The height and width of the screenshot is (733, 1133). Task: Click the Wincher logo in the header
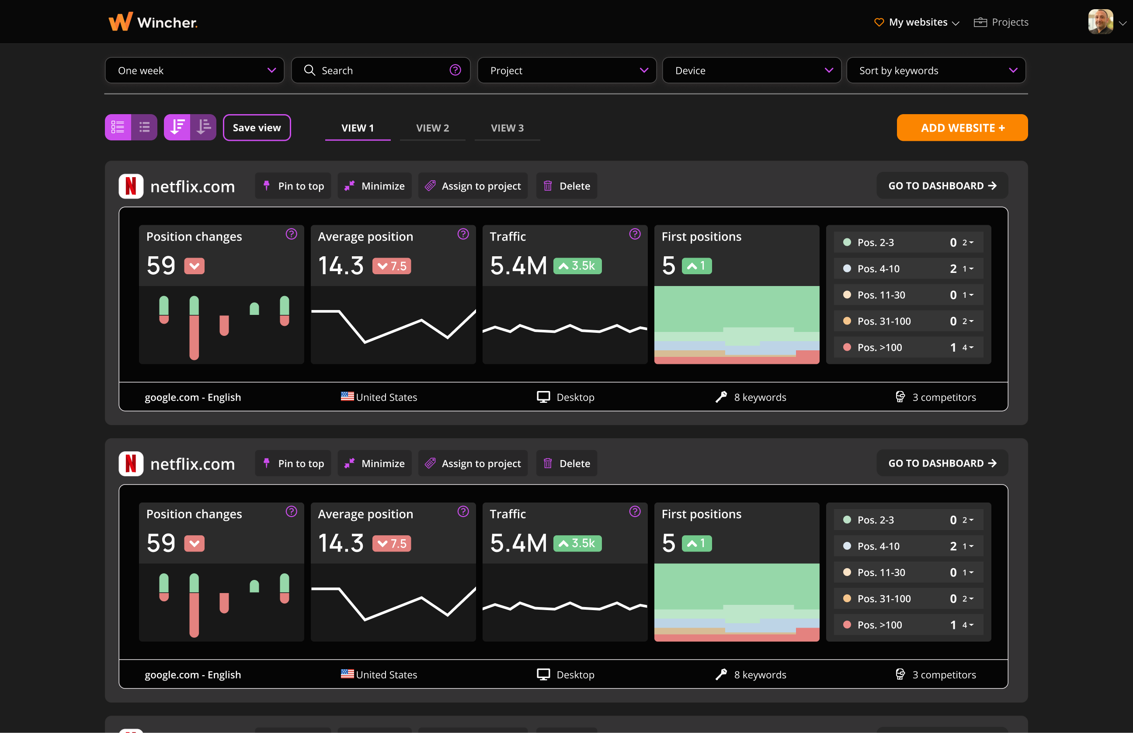point(153,22)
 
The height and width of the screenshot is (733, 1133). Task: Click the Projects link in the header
point(1001,22)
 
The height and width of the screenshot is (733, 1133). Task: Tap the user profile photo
point(1100,22)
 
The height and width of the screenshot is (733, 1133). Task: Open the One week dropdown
point(195,70)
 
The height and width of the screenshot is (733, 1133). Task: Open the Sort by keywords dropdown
point(935,70)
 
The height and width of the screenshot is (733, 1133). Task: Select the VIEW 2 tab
point(432,128)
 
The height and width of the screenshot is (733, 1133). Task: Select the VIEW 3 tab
point(507,128)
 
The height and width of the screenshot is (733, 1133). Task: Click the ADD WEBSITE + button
point(962,128)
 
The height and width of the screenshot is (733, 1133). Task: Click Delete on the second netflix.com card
point(566,464)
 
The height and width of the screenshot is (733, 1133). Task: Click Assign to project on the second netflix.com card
point(473,464)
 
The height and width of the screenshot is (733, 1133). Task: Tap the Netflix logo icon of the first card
point(131,186)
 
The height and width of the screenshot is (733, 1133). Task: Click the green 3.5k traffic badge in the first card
point(577,265)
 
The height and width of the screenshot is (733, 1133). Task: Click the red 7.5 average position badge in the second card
point(392,544)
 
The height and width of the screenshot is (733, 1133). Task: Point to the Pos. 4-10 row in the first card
point(908,269)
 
